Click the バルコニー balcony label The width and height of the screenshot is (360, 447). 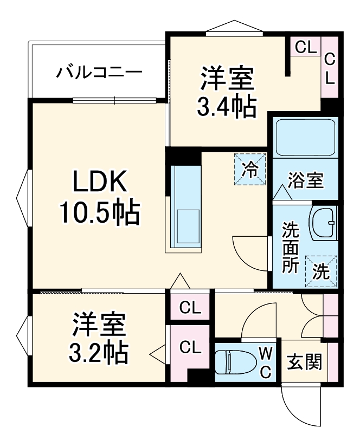pyautogui.click(x=99, y=72)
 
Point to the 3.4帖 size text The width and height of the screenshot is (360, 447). pyautogui.click(x=226, y=107)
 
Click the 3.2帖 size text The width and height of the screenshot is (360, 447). pyautogui.click(x=99, y=353)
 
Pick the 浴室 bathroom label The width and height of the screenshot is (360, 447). pyautogui.click(x=305, y=180)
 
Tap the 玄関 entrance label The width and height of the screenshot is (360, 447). pyautogui.click(x=304, y=361)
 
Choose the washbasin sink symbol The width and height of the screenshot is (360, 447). pyautogui.click(x=323, y=223)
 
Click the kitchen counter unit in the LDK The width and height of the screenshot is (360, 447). pyautogui.click(x=186, y=208)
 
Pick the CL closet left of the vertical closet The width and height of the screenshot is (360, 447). pyautogui.click(x=305, y=47)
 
